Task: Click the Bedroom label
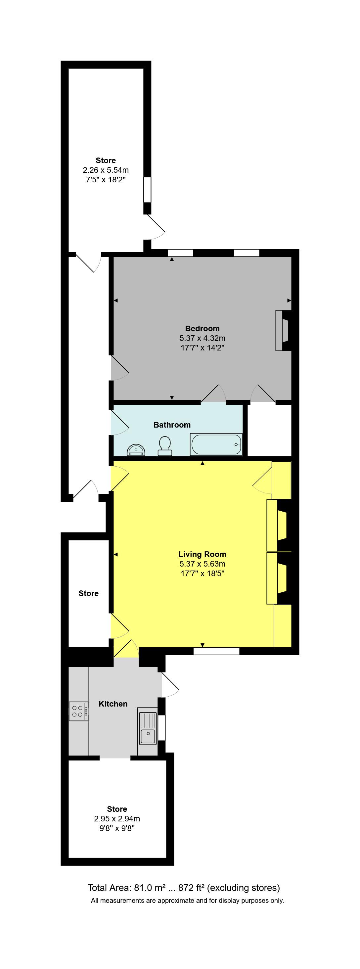point(202,328)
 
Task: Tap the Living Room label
point(202,554)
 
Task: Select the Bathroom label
point(172,425)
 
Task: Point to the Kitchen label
point(113,704)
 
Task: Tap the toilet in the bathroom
point(165,446)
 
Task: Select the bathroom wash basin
point(136,450)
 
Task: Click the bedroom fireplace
point(283,330)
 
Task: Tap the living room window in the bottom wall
point(216,651)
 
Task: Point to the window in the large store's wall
point(147,190)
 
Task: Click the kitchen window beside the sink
point(161,727)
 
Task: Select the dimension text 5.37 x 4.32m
point(202,338)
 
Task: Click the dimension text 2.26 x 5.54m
point(106,170)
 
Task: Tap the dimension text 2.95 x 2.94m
point(117,818)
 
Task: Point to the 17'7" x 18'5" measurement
point(202,573)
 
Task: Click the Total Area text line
point(184,888)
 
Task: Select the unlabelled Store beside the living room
point(88,593)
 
